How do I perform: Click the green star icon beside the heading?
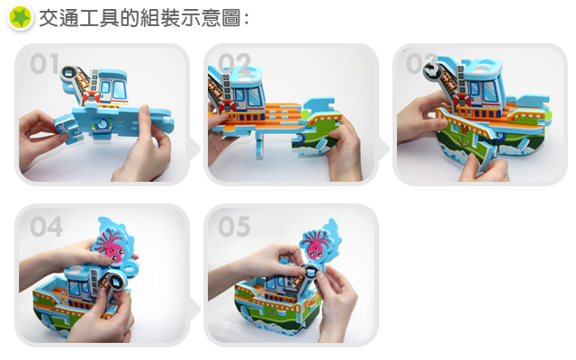click(x=21, y=17)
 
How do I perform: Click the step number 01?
click(x=45, y=64)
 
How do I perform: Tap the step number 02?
click(x=234, y=63)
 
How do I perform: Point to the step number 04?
click(x=46, y=226)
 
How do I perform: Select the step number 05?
click(x=234, y=226)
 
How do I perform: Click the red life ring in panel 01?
click(x=91, y=98)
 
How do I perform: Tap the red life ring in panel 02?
click(x=228, y=106)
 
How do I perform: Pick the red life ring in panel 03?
click(x=462, y=100)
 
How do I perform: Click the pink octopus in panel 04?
click(x=112, y=244)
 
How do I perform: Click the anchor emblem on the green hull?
click(x=464, y=138)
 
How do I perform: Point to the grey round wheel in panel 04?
click(x=117, y=282)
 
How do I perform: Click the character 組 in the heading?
click(x=150, y=18)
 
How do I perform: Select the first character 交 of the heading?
click(x=49, y=18)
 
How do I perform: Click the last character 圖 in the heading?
click(x=231, y=18)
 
